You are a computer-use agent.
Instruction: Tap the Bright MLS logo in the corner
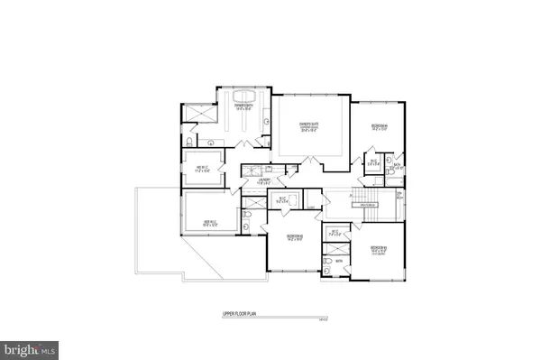click(x=32, y=346)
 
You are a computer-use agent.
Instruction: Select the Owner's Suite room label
click(x=311, y=125)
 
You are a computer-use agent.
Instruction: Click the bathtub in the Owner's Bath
click(x=243, y=97)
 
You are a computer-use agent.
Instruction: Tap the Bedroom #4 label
click(x=372, y=126)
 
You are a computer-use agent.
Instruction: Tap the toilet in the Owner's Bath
click(x=188, y=142)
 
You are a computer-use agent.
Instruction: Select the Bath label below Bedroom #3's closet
click(x=340, y=262)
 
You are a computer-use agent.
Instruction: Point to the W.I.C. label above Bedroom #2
click(x=282, y=199)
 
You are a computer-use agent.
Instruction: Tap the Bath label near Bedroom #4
click(x=397, y=166)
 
